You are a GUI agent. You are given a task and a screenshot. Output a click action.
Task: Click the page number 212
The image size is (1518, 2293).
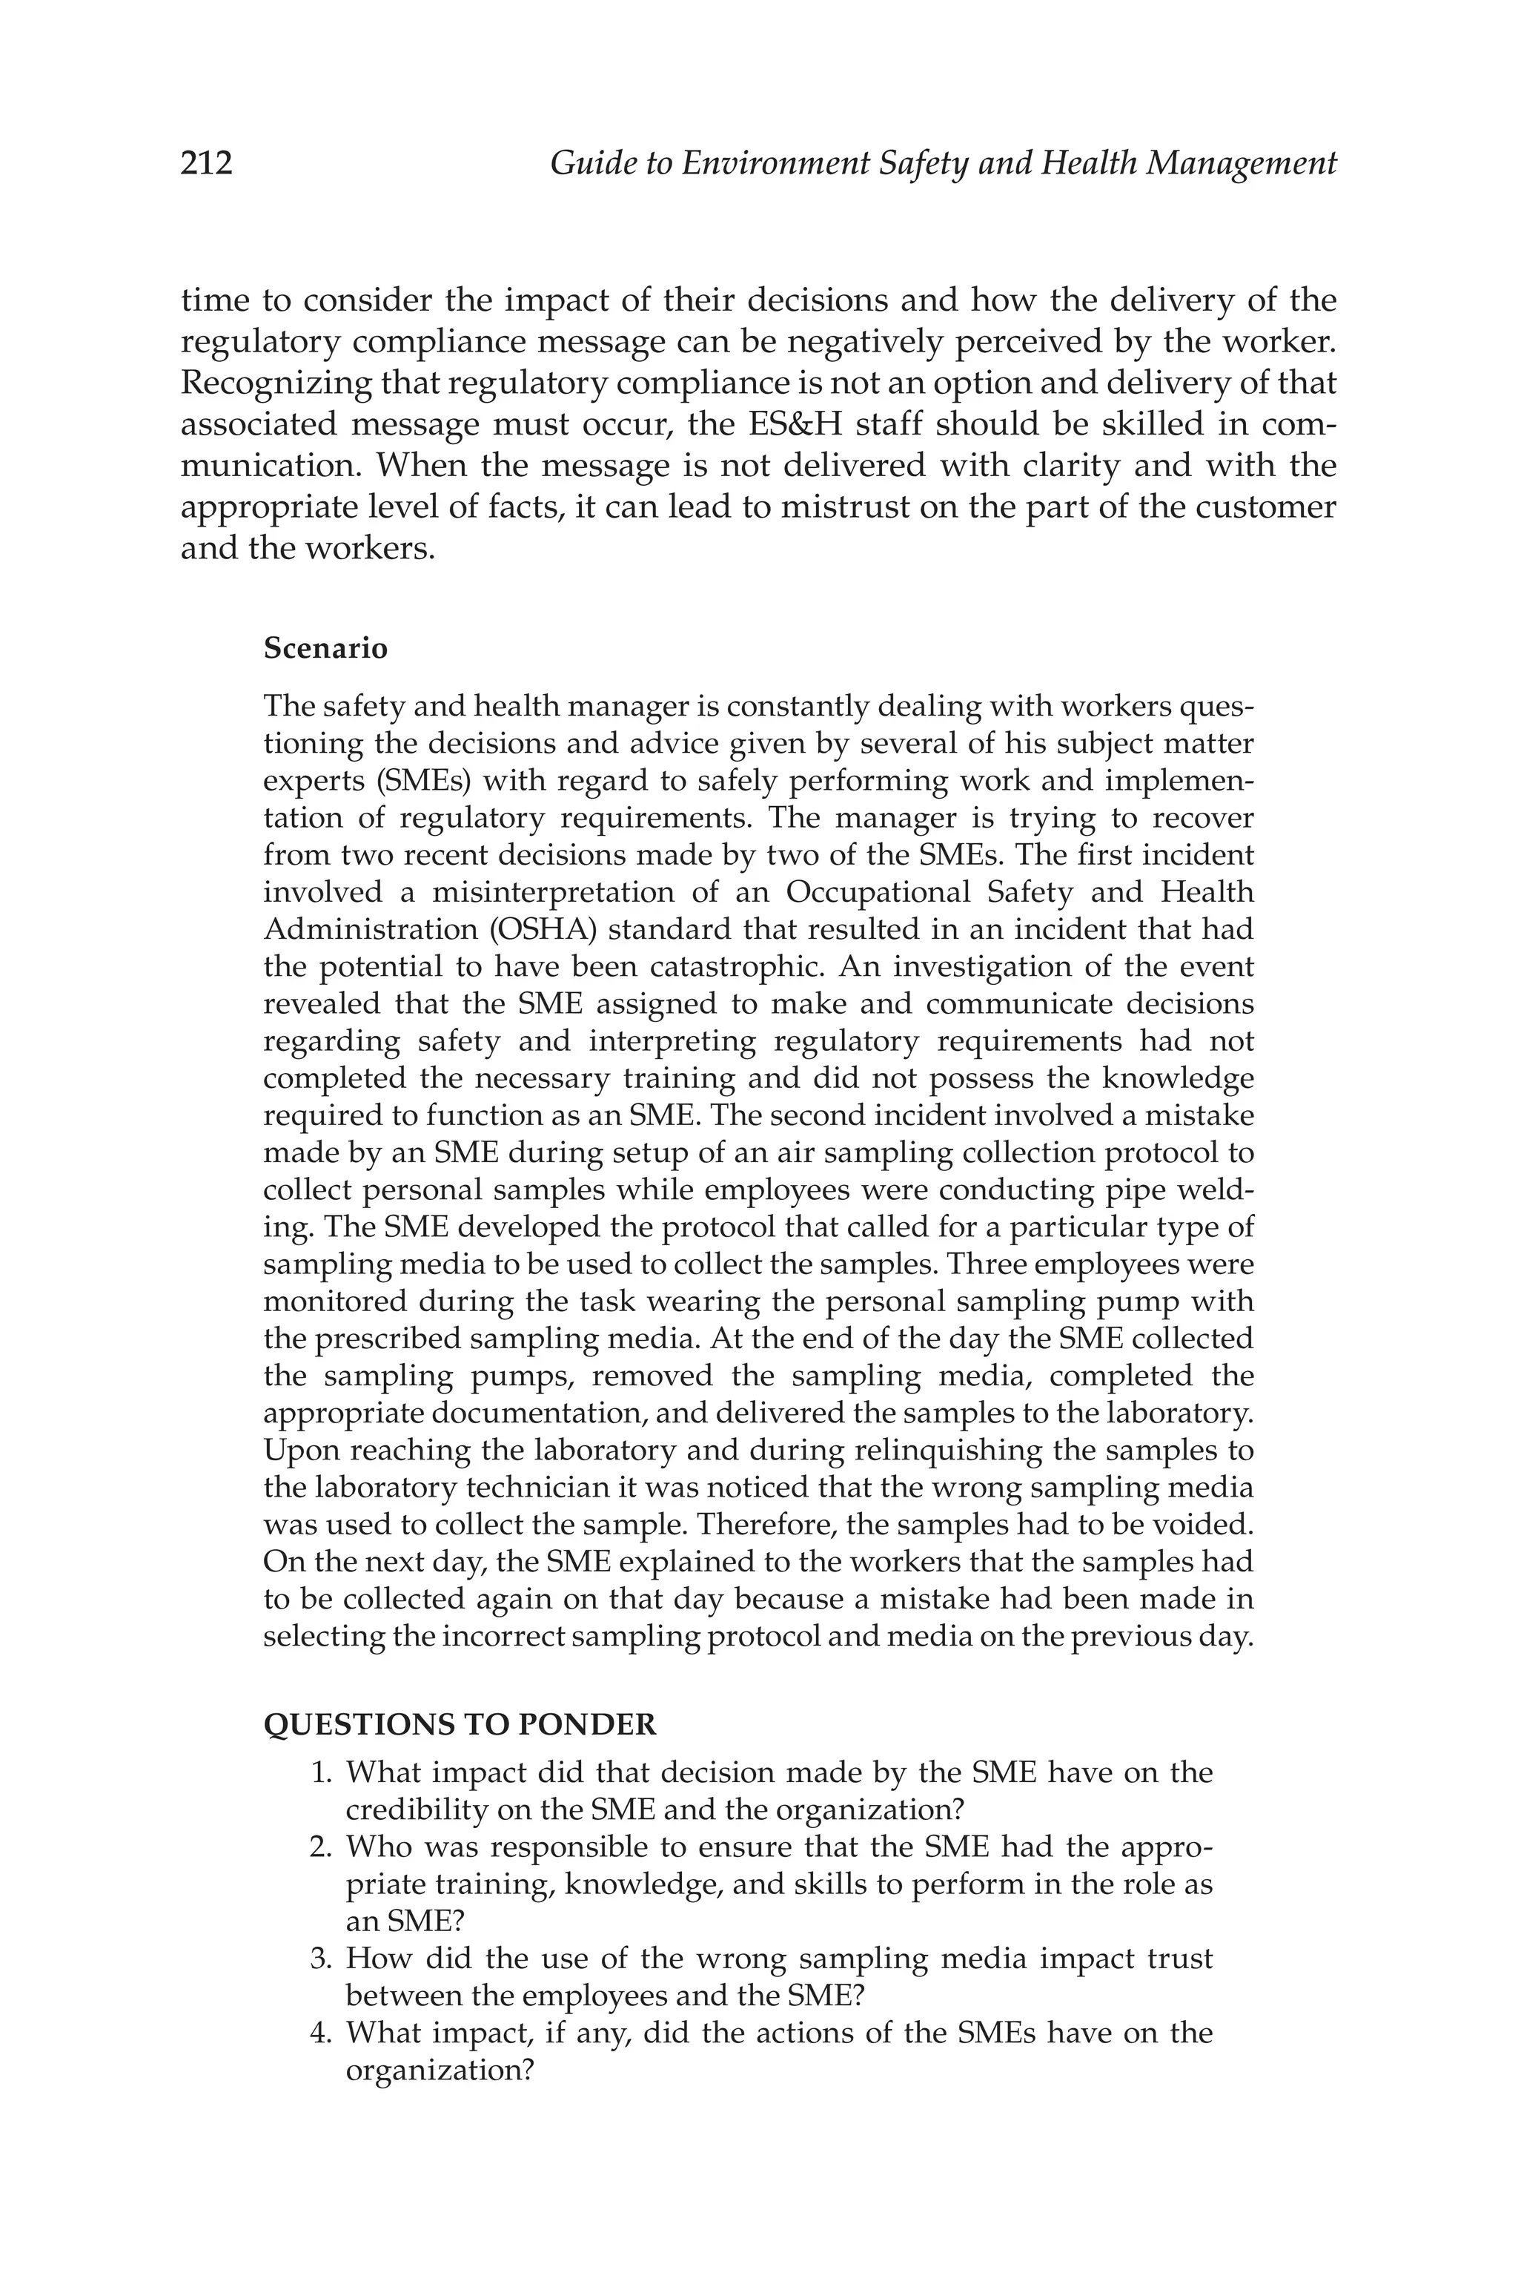(206, 162)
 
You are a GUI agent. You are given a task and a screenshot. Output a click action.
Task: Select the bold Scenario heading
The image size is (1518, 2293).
(325, 648)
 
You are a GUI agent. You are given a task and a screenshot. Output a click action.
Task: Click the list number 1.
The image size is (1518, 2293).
(320, 1773)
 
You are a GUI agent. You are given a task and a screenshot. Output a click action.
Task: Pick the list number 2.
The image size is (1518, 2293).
(320, 1847)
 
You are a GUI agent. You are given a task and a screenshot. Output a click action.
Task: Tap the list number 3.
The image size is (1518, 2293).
(320, 1959)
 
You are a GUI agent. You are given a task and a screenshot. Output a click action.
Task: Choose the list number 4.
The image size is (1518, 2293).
(320, 2033)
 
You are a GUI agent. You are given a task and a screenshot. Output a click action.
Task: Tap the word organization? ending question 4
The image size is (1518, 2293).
(440, 2071)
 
